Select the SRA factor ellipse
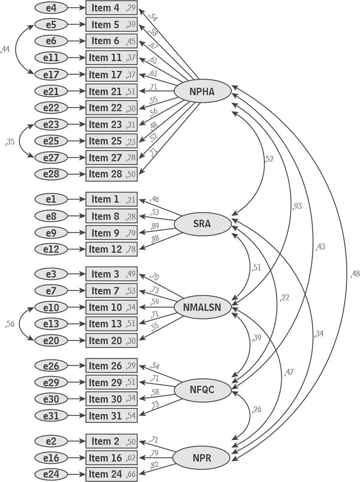202,223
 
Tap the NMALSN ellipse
203,307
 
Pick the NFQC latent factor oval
202,389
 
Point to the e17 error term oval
51,74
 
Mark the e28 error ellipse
51,174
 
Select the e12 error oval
51,249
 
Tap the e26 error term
51,366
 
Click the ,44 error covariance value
5,50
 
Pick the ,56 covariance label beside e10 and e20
9,324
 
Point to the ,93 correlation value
297,206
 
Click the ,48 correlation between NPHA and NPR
355,273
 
